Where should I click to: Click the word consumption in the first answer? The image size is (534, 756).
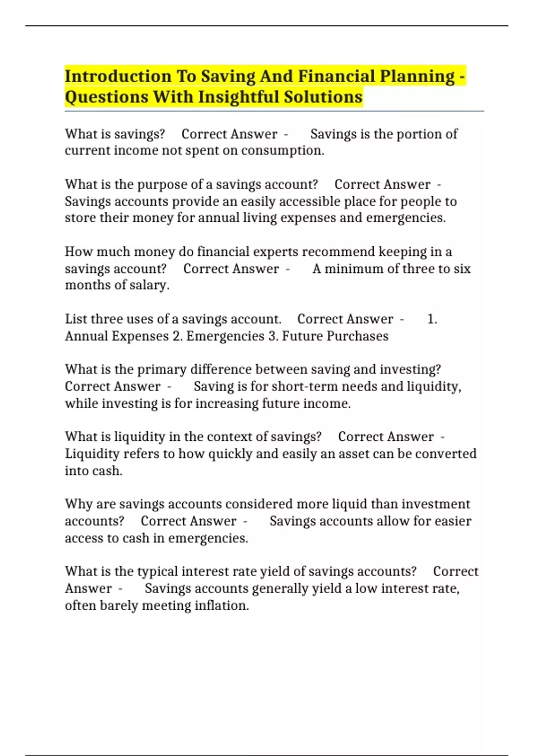(283, 151)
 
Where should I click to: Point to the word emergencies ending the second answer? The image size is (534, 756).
(405, 218)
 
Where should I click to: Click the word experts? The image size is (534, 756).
(275, 252)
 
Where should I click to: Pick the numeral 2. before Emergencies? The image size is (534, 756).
(178, 336)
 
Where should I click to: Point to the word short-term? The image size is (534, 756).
(300, 386)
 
